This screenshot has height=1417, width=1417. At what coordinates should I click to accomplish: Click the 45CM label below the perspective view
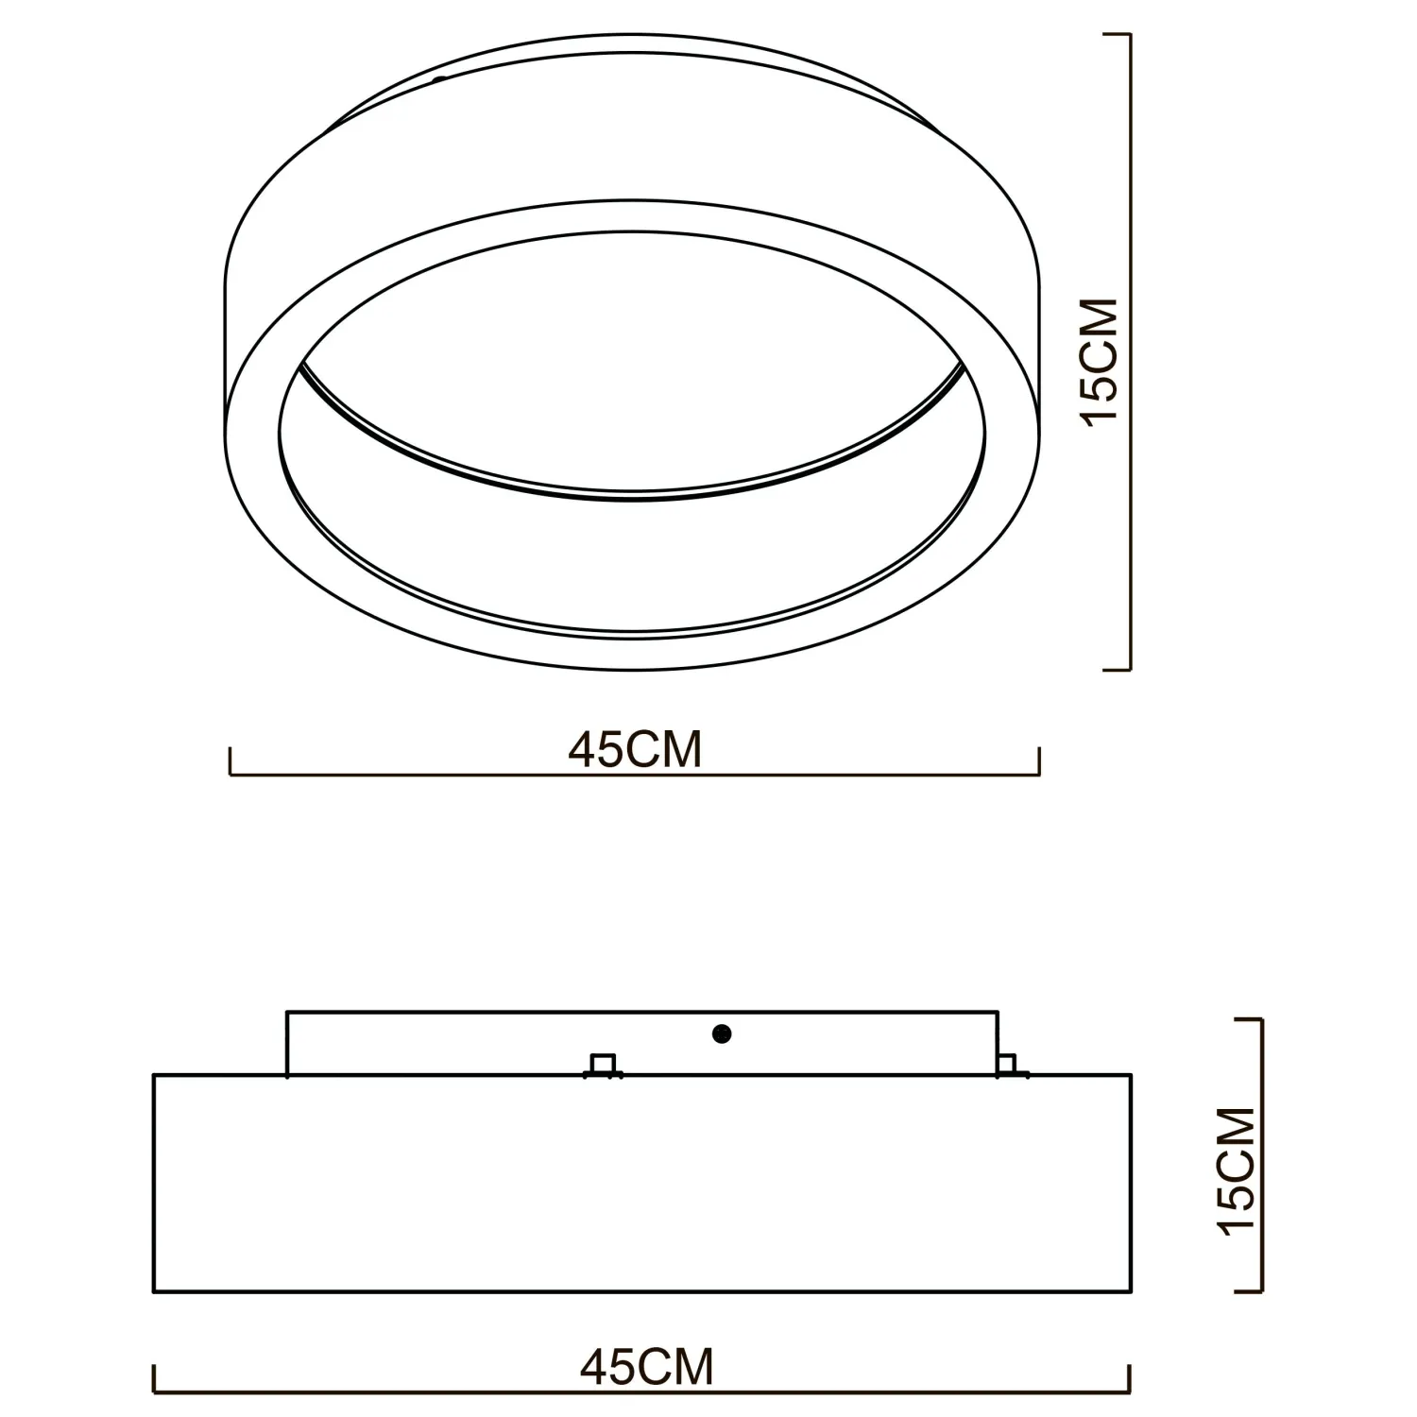coord(635,749)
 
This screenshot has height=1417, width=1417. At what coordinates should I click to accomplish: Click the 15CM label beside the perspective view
coord(1101,362)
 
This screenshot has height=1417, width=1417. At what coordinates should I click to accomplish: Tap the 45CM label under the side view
coord(647,1366)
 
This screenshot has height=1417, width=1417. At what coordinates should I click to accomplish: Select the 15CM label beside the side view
coord(1238,1170)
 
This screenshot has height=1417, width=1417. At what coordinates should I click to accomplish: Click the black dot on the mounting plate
coord(723,1034)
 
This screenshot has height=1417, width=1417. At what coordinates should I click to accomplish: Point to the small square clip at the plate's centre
coord(603,1065)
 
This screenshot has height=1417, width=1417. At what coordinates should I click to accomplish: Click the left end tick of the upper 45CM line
coord(230,761)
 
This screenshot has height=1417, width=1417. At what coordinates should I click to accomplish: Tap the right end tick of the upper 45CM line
coord(1039,761)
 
